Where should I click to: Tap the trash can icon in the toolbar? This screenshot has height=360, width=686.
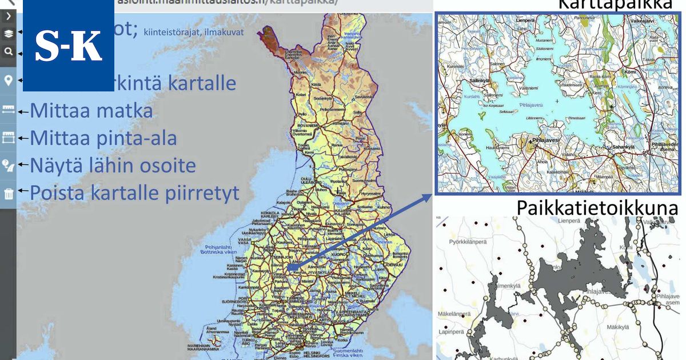(9, 193)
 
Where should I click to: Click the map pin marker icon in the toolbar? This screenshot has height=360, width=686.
(9, 81)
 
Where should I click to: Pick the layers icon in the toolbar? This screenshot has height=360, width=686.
(9, 33)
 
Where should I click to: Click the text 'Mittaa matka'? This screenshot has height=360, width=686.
(91, 110)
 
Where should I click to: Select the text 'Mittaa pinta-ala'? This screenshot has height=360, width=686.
(103, 138)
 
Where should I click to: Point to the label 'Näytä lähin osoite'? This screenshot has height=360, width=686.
(113, 166)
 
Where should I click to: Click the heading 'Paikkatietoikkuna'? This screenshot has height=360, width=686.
(597, 208)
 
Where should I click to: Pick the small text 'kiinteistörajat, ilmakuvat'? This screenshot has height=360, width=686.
(193, 32)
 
